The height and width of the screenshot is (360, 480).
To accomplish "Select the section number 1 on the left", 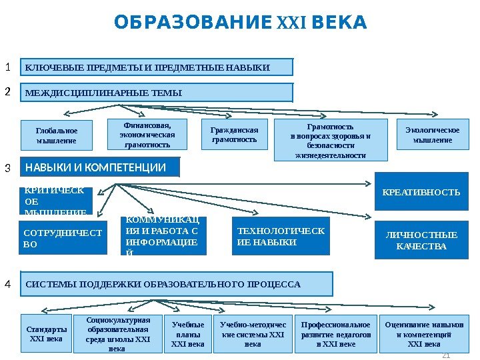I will click(8, 67).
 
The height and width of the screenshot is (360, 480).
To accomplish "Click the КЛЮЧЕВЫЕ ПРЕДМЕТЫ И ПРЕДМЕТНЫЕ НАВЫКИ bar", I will click(157, 67).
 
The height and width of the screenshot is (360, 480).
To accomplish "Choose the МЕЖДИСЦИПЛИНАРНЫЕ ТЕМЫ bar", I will click(157, 92).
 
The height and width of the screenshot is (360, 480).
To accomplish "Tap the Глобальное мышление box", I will click(57, 135).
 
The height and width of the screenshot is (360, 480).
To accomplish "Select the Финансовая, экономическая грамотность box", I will click(147, 134).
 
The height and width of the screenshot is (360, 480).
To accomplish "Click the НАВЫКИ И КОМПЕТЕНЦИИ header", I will click(101, 167).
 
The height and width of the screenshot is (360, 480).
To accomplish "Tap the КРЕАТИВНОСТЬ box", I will click(421, 193).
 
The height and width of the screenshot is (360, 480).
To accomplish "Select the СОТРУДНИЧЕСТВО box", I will click(63, 238).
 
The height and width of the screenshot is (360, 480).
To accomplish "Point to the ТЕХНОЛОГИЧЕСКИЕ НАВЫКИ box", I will click(281, 237).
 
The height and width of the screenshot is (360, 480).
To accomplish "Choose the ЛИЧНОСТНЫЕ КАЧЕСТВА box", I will click(421, 240).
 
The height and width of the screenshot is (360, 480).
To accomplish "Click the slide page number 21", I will click(447, 354).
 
